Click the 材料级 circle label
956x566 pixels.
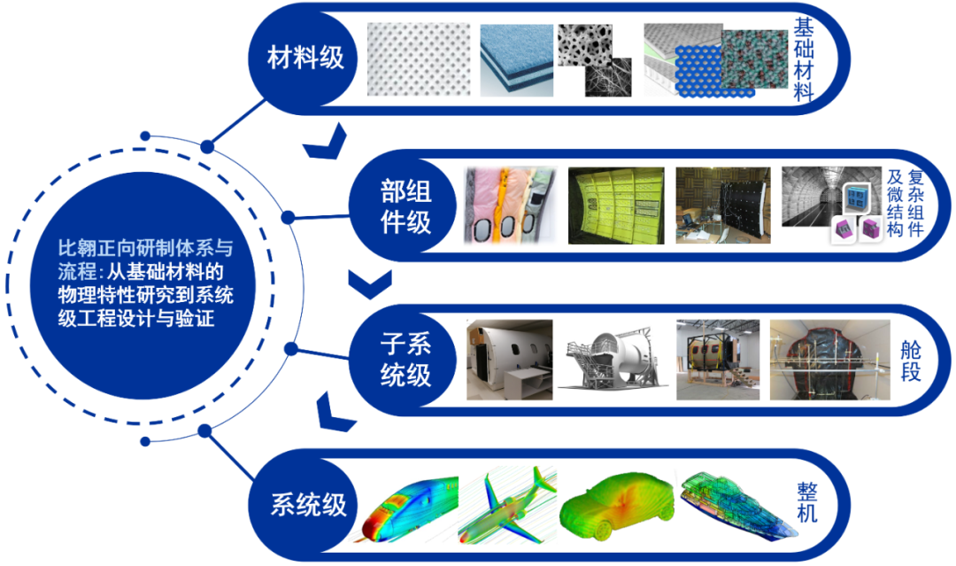point(305,59)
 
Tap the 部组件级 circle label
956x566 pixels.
point(405,205)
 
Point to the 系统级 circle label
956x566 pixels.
point(308,506)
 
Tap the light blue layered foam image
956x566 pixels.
point(517,59)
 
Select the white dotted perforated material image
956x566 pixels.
point(418,59)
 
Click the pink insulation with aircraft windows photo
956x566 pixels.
point(509,205)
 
